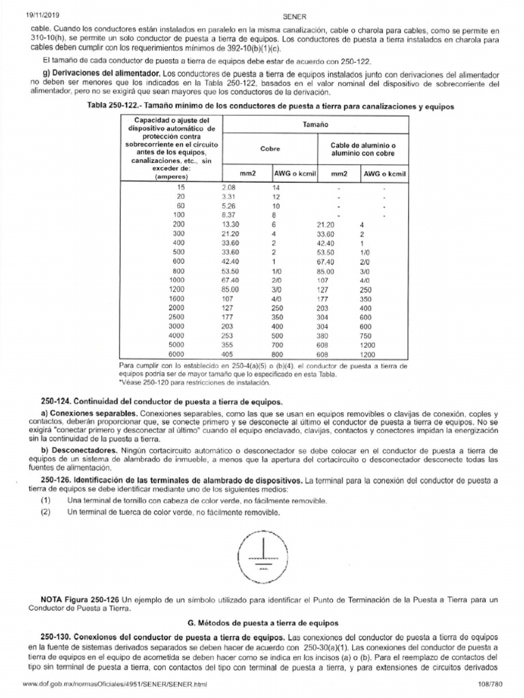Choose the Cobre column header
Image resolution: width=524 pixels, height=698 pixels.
point(270,148)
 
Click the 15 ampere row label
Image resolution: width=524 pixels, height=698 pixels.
point(180,187)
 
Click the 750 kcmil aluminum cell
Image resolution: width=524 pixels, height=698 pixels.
point(367,336)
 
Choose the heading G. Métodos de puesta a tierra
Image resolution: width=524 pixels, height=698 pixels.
point(261,624)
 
